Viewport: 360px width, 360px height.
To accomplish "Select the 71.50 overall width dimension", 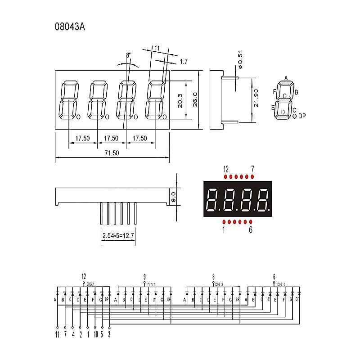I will [x=112, y=153].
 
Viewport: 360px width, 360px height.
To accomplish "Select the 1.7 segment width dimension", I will [x=183, y=61].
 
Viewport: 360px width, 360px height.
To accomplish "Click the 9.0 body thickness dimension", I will [x=173, y=197].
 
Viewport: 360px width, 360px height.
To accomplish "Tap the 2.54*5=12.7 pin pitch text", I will [x=117, y=235].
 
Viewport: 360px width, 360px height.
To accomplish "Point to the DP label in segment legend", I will [x=302, y=116].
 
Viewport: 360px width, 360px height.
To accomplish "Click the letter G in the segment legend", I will [x=284, y=96].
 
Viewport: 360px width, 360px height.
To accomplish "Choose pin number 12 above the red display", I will [x=226, y=169].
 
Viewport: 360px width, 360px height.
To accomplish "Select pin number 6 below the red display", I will [x=251, y=230].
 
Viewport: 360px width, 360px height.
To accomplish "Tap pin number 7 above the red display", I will [x=252, y=169].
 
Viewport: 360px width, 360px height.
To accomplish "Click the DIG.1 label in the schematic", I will [x=91, y=284].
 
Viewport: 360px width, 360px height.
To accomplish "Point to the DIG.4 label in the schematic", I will [x=281, y=284].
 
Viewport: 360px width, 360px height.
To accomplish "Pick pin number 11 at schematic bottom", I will [x=57, y=334].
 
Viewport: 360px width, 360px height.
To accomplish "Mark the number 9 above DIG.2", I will [x=144, y=276].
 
